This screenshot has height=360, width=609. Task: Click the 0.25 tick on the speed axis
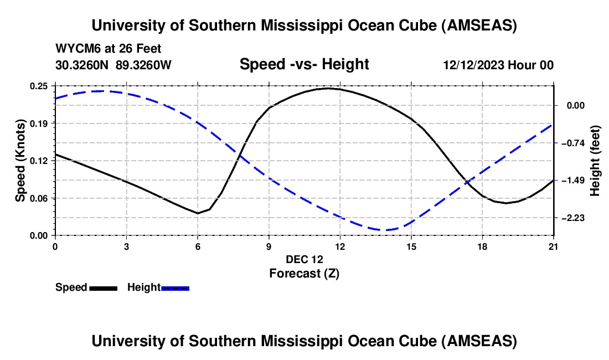pos(39,86)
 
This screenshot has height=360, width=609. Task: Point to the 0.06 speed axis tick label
pos(39,198)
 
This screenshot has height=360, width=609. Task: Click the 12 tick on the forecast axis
pos(340,246)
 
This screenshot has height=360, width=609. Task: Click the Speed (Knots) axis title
pos(20,161)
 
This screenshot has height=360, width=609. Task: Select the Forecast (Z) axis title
pos(304,273)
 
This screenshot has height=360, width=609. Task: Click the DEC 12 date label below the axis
pos(304,259)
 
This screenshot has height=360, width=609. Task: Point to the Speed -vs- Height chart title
pos(304,64)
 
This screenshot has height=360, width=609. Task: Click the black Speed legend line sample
pos(103,287)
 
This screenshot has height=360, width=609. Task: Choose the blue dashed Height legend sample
pos(176,287)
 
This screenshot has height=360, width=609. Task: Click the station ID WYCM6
pos(76,49)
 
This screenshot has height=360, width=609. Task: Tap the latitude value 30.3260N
pos(83,65)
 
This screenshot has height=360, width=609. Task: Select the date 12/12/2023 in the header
pos(474,65)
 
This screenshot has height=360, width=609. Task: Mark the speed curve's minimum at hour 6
pos(198,213)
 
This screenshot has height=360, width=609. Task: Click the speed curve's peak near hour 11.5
pos(328,88)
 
